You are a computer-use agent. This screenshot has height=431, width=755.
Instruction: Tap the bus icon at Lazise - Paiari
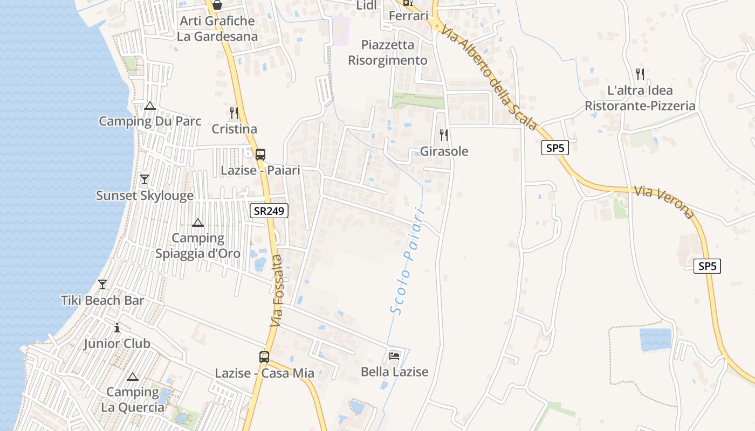tap(260, 155)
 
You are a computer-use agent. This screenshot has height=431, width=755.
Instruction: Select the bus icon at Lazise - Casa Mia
tap(264, 357)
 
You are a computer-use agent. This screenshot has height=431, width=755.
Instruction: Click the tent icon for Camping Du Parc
tap(150, 106)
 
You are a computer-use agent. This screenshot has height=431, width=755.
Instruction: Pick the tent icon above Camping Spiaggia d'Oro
tap(198, 223)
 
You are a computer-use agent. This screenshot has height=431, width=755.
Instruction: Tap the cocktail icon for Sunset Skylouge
tap(144, 179)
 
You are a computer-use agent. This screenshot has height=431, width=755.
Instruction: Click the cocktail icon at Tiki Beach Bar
tap(102, 284)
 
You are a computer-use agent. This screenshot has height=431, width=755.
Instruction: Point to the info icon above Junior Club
tap(117, 328)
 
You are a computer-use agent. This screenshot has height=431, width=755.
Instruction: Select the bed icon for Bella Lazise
tap(394, 356)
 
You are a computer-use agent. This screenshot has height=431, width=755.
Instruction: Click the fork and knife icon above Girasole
tap(444, 135)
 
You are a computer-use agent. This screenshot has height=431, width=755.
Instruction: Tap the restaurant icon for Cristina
tap(234, 113)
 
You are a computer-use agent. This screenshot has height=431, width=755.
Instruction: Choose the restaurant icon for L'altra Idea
tap(640, 74)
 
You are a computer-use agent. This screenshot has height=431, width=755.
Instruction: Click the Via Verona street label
tap(664, 202)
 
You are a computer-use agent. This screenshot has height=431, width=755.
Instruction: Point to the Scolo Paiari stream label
tap(408, 261)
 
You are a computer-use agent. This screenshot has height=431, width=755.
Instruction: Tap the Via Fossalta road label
tap(277, 291)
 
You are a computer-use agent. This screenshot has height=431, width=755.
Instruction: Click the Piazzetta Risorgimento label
tap(388, 52)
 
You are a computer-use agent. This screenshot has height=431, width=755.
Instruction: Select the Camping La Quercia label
tap(133, 399)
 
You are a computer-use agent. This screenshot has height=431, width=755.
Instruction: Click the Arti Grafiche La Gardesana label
tap(217, 29)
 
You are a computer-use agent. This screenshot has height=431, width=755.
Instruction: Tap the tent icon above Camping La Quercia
tap(133, 377)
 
